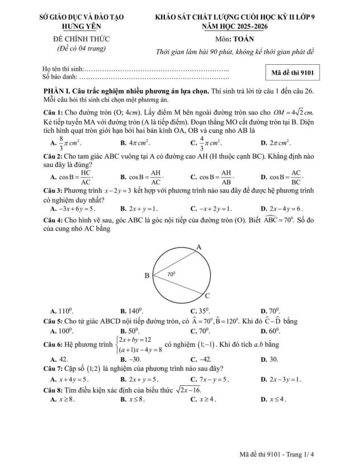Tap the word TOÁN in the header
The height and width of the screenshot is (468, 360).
(242, 39)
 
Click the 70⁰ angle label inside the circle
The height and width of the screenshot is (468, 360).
(172, 274)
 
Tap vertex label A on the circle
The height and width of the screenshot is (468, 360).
(198, 247)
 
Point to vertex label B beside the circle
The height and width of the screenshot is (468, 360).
(147, 275)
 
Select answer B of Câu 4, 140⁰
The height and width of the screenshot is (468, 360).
(132, 311)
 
